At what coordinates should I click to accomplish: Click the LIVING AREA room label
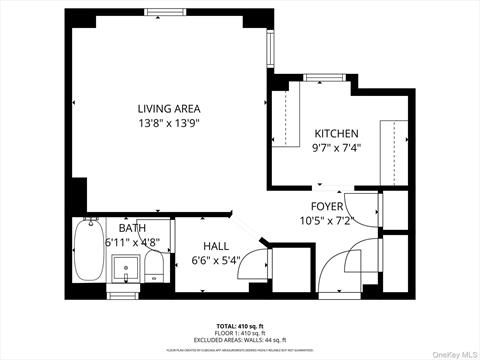coord(169,108)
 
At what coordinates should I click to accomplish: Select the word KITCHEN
coord(337,134)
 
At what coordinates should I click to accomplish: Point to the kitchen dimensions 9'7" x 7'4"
coord(337,148)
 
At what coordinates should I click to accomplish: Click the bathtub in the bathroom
coord(85,256)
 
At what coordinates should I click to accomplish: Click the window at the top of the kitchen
coord(320,78)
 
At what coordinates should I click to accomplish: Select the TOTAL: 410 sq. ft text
coord(240,326)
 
